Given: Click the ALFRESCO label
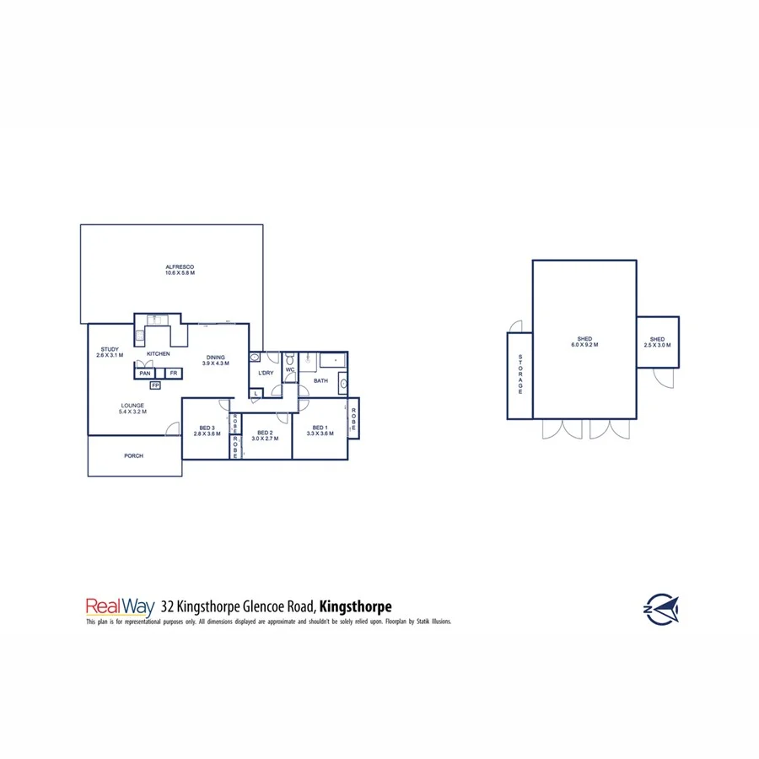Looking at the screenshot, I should click(x=180, y=267).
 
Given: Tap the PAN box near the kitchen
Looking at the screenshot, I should click(x=145, y=373).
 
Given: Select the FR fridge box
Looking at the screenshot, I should click(x=173, y=373).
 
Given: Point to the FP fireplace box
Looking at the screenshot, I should click(x=155, y=386).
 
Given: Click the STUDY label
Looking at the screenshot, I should click(x=109, y=349).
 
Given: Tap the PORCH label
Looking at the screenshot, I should click(x=133, y=456).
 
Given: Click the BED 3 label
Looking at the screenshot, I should click(x=207, y=428).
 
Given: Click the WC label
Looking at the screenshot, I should click(x=289, y=369).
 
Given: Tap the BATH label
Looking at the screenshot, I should click(x=320, y=381).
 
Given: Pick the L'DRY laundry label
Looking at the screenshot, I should click(x=266, y=373).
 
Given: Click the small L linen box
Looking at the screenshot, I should click(x=256, y=393).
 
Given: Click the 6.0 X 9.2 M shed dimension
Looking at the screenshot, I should click(x=584, y=345).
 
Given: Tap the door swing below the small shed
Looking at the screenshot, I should click(x=666, y=379).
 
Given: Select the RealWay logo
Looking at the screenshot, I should click(x=114, y=606).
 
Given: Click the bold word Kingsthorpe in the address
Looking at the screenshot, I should click(x=355, y=606).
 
